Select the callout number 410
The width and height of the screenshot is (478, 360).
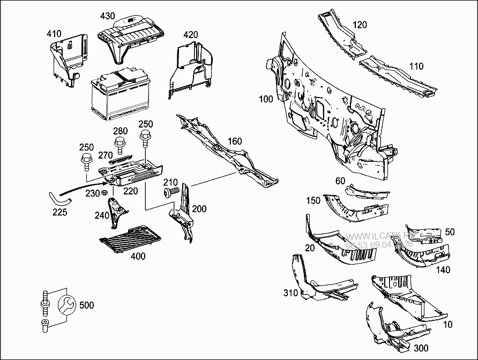coord(54,34)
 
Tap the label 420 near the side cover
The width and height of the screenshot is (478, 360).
coord(190,35)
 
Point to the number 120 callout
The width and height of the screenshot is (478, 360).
coord(360,25)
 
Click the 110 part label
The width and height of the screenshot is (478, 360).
coord(416,66)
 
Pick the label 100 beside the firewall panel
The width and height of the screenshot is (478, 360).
coord(266,99)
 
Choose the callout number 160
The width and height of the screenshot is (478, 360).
coord(235,141)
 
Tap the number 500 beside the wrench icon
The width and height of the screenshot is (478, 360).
coord(86,305)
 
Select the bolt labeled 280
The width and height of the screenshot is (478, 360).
coord(119,144)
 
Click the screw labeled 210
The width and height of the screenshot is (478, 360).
coord(170,191)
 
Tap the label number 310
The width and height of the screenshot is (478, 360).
coord(290,292)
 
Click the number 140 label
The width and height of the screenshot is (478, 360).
coord(443,270)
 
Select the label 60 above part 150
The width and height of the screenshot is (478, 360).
coord(340,181)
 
